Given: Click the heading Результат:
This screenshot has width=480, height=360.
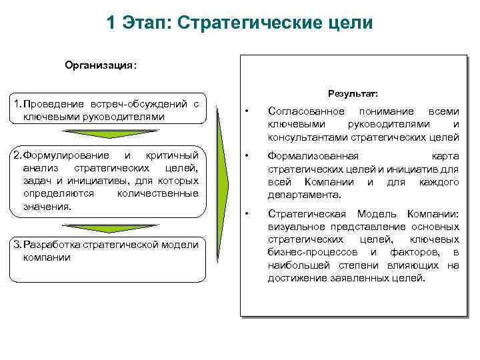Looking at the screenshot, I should tap(353, 93).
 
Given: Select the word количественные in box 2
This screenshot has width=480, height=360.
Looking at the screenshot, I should tap(157, 193).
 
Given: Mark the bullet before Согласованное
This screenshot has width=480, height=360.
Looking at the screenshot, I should tap(247, 111).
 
